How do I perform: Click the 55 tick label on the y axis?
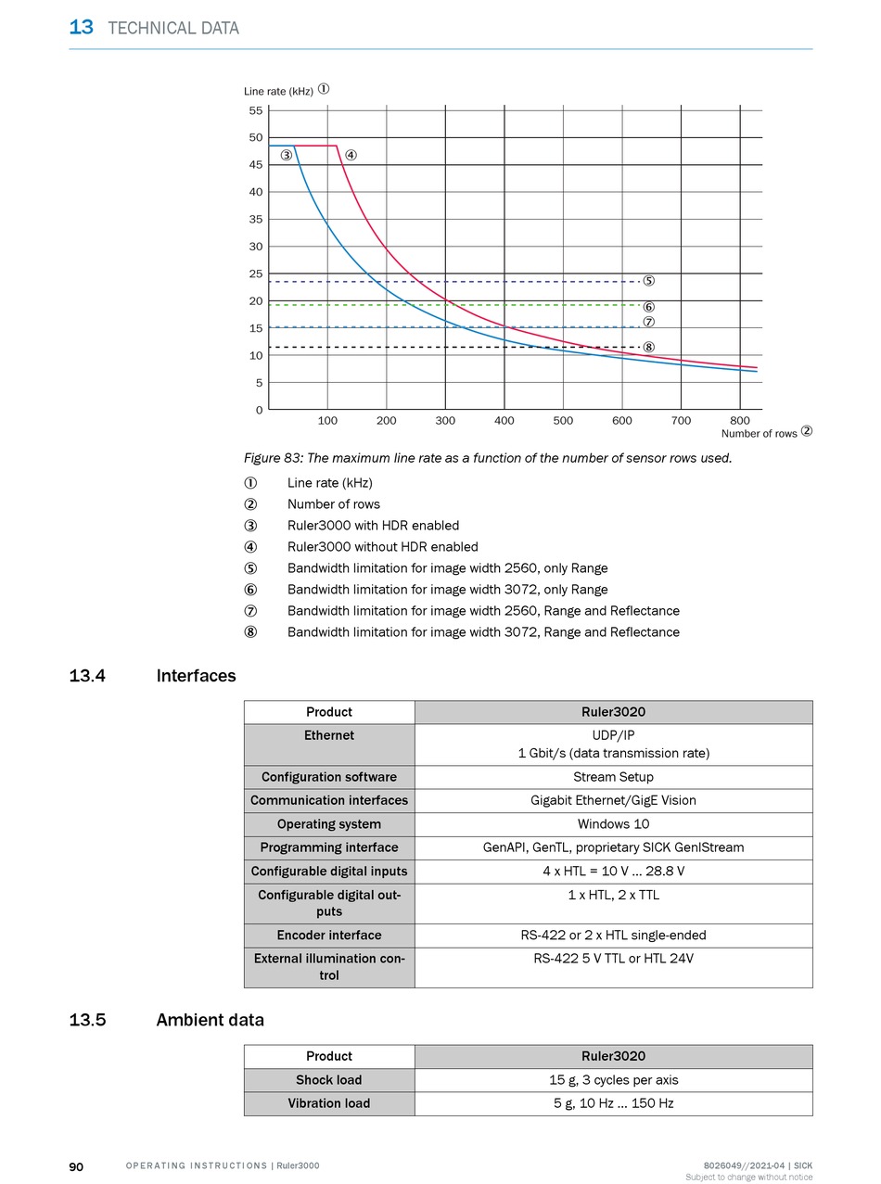[256, 110]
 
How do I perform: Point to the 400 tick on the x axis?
[504, 420]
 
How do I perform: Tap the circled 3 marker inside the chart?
[287, 155]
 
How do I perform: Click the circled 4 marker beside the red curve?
[351, 155]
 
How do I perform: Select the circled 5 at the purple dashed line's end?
[648, 281]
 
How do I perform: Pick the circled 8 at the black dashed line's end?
[648, 347]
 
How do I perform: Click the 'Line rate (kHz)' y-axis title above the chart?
[278, 91]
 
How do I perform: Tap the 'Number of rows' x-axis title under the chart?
[759, 434]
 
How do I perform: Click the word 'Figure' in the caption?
[262, 458]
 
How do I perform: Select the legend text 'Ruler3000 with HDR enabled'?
[373, 526]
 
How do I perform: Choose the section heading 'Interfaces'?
[196, 676]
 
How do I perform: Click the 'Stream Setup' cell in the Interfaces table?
[614, 777]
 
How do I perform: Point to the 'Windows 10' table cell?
[614, 823]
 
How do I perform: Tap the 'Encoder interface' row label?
[329, 935]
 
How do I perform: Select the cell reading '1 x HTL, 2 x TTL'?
[614, 895]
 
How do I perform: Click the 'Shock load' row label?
[329, 1080]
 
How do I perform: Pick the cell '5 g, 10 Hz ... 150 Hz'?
[614, 1102]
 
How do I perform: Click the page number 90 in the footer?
[76, 1167]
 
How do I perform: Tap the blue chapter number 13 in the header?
[82, 27]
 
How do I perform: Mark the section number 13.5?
[87, 1020]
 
